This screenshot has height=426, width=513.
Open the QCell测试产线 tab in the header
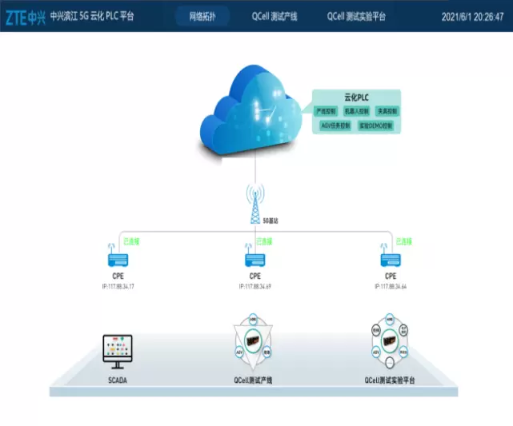click(x=275, y=16)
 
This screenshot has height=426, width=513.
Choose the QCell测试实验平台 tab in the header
click(x=356, y=16)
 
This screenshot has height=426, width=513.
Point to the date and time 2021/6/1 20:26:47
click(x=472, y=16)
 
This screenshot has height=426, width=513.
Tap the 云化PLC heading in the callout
click(x=356, y=97)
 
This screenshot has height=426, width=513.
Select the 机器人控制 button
click(x=355, y=111)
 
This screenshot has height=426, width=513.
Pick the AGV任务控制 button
click(x=335, y=125)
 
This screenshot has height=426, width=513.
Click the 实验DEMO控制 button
click(x=375, y=125)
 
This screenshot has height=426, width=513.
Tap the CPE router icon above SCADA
click(x=118, y=258)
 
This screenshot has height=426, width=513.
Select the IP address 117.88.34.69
click(x=254, y=285)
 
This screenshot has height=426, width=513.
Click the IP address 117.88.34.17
click(x=118, y=285)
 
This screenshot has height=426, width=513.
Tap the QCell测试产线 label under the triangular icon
click(x=255, y=380)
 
